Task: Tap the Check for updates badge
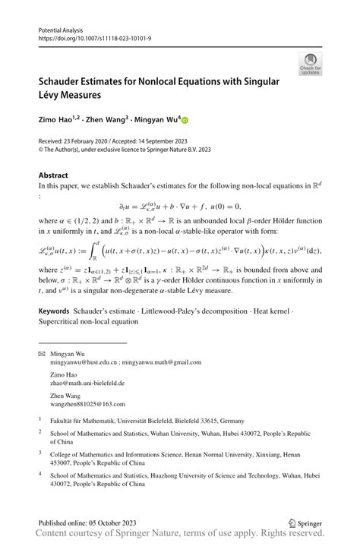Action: (x=310, y=63)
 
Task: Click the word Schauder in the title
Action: (x=66, y=81)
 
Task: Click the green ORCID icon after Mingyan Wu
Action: (x=185, y=120)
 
